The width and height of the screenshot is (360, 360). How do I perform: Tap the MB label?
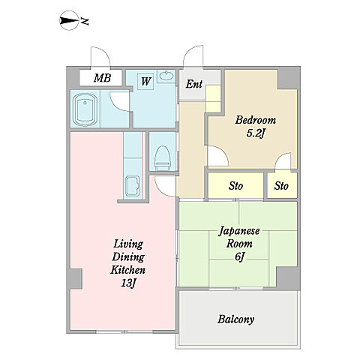pyautogui.click(x=102, y=78)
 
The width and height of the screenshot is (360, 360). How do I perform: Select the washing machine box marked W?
pyautogui.click(x=145, y=81)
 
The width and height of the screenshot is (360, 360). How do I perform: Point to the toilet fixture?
pyautogui.click(x=163, y=157)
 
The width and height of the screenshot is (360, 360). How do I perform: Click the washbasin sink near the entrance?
pyautogui.click(x=166, y=76)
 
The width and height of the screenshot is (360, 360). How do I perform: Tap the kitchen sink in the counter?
pyautogui.click(x=133, y=186)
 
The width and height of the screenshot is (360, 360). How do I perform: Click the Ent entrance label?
pyautogui.click(x=193, y=84)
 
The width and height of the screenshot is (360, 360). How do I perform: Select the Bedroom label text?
pyautogui.click(x=256, y=120)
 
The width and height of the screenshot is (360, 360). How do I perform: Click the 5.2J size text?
pyautogui.click(x=256, y=133)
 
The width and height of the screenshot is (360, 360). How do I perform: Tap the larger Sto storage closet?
pyautogui.click(x=235, y=186)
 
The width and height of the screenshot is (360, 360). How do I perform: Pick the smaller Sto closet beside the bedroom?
pyautogui.click(x=282, y=186)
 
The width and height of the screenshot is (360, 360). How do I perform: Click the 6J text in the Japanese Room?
pyautogui.click(x=239, y=256)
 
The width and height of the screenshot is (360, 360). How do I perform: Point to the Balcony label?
pyautogui.click(x=235, y=319)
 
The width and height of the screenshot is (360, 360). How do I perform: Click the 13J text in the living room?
pyautogui.click(x=128, y=283)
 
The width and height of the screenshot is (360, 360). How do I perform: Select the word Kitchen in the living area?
pyautogui.click(x=128, y=270)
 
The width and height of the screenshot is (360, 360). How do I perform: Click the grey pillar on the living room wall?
pyautogui.click(x=75, y=279)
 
